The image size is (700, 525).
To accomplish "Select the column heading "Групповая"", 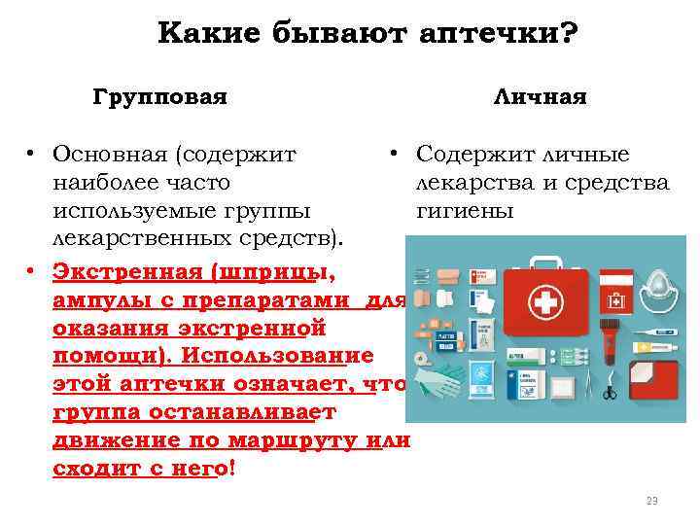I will [160, 97].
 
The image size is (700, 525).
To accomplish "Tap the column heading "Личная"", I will [540, 97].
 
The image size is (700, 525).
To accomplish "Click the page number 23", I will [651, 501].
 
